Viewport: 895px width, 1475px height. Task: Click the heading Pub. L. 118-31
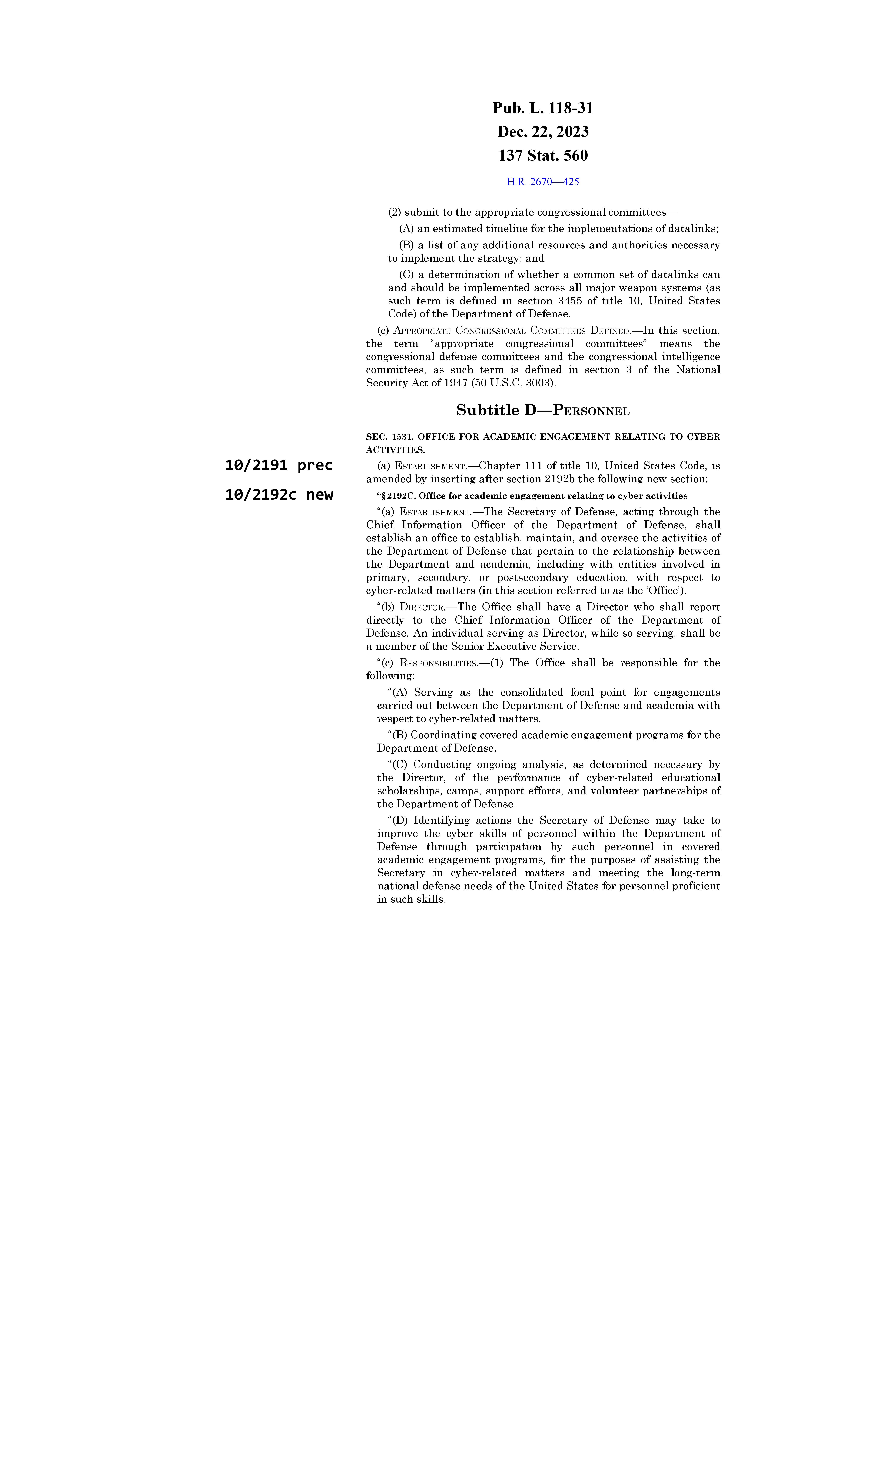click(543, 108)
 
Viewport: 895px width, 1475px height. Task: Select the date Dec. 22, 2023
click(543, 132)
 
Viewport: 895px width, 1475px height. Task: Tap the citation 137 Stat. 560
click(543, 156)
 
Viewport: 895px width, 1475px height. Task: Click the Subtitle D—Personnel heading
click(543, 411)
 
